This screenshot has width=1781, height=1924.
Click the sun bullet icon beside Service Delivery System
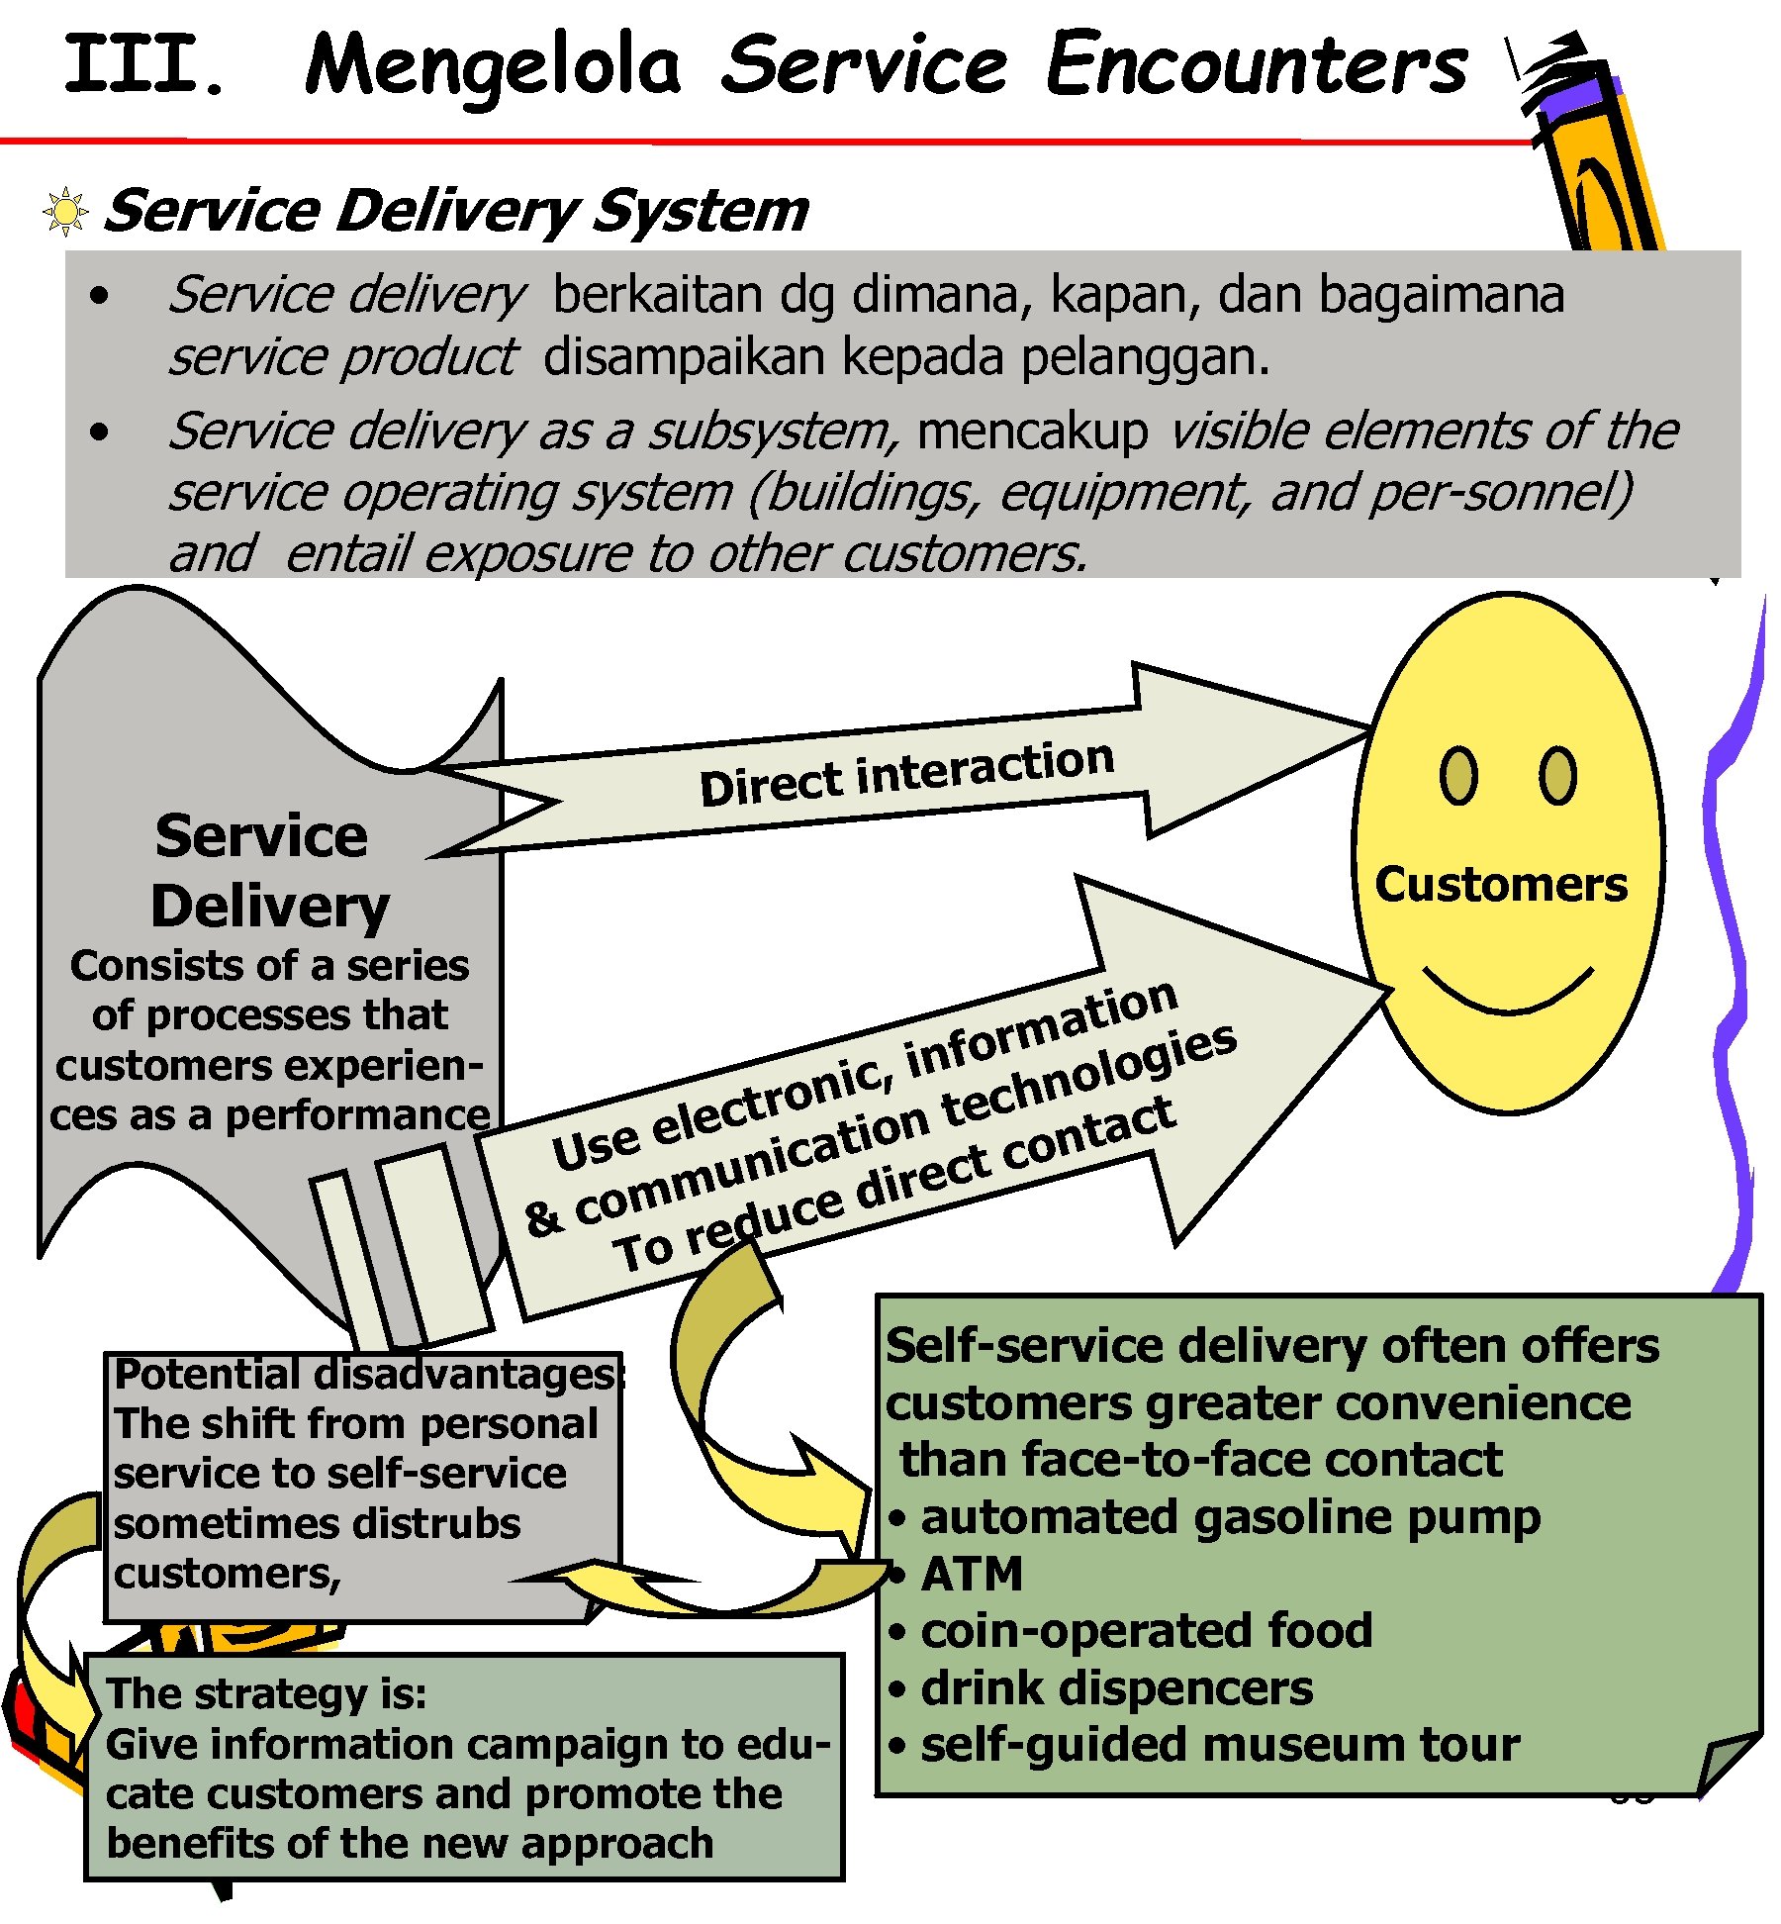click(x=65, y=212)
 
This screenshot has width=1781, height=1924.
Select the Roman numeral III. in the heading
click(x=144, y=65)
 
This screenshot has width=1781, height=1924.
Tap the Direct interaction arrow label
click(x=906, y=774)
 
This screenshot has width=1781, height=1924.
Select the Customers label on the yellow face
click(x=1500, y=884)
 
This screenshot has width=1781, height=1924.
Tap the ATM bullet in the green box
click(x=971, y=1575)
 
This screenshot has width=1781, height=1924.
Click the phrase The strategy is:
click(x=266, y=1693)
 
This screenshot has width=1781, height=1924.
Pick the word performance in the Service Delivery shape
click(x=357, y=1115)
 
